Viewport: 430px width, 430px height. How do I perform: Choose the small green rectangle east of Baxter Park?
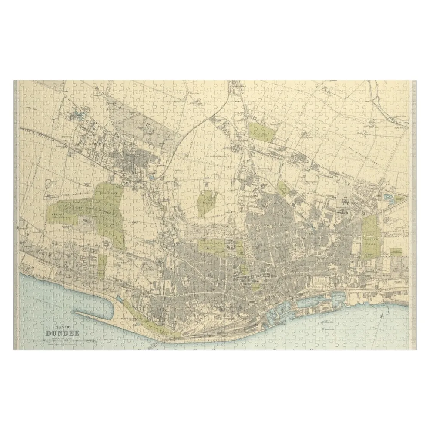(x=396, y=251)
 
